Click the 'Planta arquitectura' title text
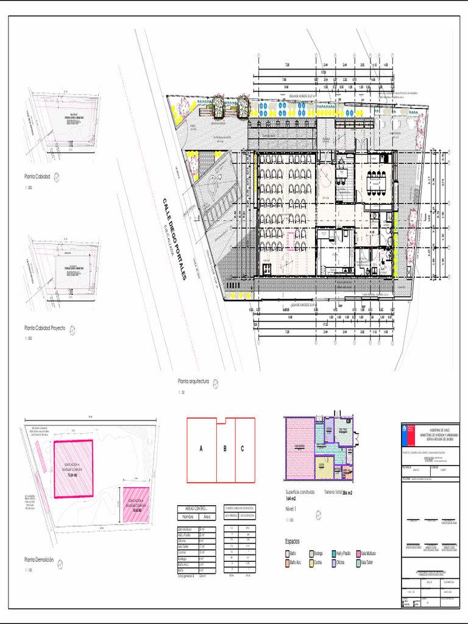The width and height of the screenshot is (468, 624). click(x=193, y=381)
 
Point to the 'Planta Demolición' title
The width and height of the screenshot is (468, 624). click(x=39, y=559)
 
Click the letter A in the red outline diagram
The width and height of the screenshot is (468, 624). click(x=200, y=449)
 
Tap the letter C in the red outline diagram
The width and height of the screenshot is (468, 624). click(x=243, y=449)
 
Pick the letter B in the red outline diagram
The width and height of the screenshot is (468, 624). click(x=225, y=449)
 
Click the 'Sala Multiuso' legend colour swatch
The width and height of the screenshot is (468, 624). click(x=358, y=553)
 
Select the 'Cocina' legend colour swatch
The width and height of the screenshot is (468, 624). click(x=310, y=562)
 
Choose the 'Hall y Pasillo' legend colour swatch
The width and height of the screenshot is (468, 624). click(x=333, y=553)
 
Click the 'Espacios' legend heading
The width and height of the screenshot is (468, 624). click(x=292, y=541)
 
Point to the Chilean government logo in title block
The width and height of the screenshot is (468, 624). click(x=409, y=433)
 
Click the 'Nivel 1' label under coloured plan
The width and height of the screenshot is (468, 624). click(x=292, y=508)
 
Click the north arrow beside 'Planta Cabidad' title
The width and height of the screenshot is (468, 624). click(x=57, y=177)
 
